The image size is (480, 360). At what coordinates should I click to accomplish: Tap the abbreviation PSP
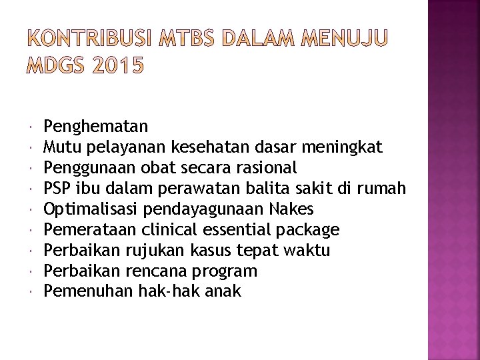pos(57,188)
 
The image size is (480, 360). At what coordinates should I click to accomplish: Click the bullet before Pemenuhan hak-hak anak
pos(33,292)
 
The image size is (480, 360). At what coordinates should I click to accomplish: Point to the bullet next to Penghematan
pos(33,125)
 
